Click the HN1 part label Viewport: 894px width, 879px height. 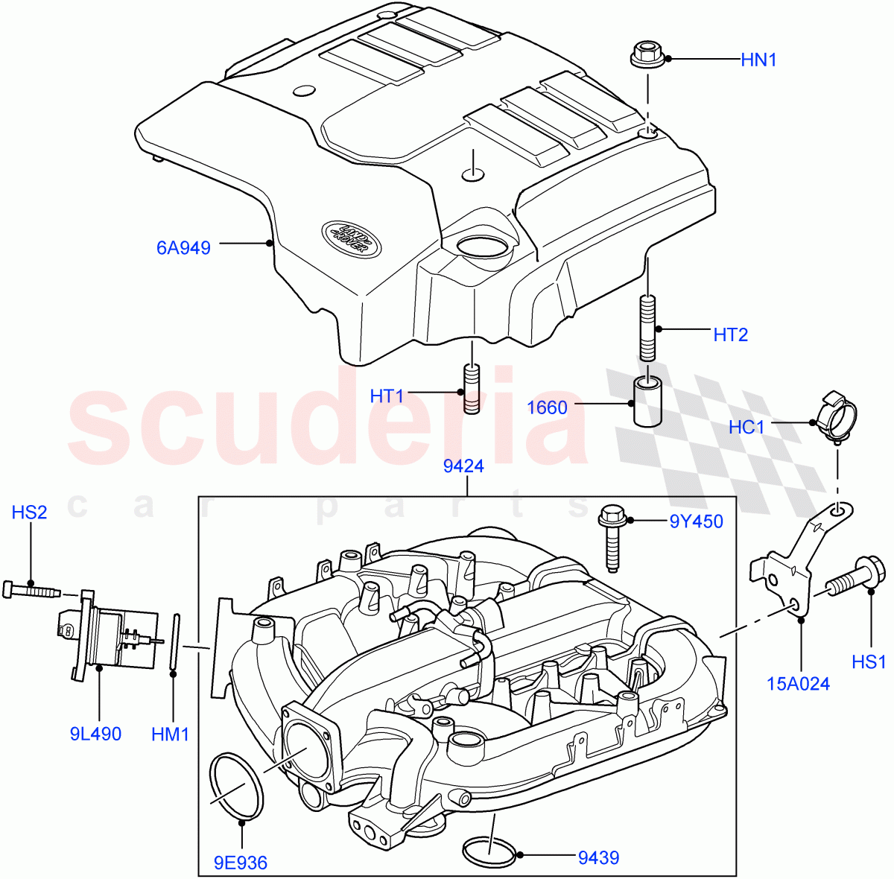758,60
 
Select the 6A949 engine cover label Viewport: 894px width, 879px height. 183,247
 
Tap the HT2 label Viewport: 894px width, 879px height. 730,334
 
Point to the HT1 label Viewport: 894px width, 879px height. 387,396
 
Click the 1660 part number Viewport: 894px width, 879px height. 547,407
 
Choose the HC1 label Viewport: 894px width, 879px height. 746,427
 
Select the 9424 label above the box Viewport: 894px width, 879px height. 463,466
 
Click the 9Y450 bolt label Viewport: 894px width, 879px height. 697,521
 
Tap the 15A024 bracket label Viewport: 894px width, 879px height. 798,683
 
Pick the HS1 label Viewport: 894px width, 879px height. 869,661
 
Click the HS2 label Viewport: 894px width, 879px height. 29,512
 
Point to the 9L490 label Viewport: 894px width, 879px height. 95,734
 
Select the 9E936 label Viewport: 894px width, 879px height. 240,863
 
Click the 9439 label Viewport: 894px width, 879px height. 598,857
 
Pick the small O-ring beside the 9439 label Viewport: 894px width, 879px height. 489,851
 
